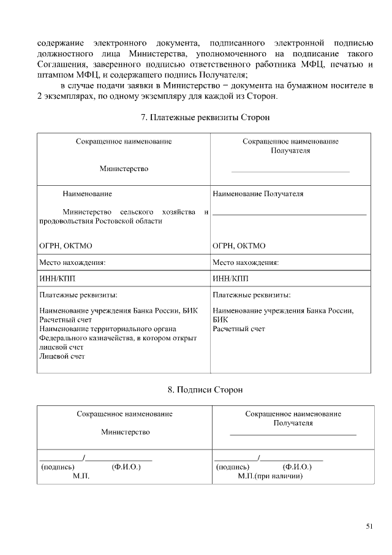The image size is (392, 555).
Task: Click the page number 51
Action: (369, 526)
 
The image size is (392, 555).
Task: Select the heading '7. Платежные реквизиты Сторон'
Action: (196, 117)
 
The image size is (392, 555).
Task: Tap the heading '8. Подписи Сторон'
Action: (196, 389)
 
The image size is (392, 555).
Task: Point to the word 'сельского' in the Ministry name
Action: (130, 212)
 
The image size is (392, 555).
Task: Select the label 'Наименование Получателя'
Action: (258, 194)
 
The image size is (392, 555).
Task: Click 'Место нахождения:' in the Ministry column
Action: (72, 262)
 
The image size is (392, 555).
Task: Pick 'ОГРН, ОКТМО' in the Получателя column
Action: (239, 246)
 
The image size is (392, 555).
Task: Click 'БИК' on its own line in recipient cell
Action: (220, 320)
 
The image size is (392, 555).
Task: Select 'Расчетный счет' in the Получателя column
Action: (239, 329)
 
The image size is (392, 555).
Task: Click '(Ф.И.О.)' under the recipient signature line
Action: (297, 467)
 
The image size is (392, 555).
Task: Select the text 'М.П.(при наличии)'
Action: (270, 476)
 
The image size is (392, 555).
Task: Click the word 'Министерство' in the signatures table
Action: (125, 432)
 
